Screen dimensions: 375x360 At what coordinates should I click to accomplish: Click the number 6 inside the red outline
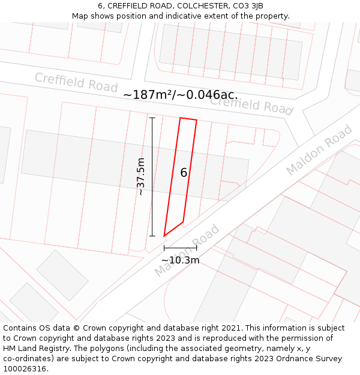[x=184, y=173]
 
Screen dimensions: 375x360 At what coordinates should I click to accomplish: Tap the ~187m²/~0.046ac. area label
[x=180, y=95]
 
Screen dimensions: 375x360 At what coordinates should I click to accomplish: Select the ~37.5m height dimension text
[x=141, y=176]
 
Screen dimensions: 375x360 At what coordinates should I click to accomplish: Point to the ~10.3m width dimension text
[x=180, y=260]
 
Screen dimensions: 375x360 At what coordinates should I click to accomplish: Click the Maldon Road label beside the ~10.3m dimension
[x=187, y=250]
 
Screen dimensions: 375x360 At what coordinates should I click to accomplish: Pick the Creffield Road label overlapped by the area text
[x=251, y=106]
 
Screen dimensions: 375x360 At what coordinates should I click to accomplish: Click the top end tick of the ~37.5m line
[x=152, y=118]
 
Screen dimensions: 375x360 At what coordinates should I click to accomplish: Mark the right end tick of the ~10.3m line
[x=196, y=247]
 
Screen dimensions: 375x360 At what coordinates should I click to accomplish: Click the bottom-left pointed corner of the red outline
[x=164, y=236]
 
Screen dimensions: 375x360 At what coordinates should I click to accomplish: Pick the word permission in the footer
[x=295, y=338]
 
